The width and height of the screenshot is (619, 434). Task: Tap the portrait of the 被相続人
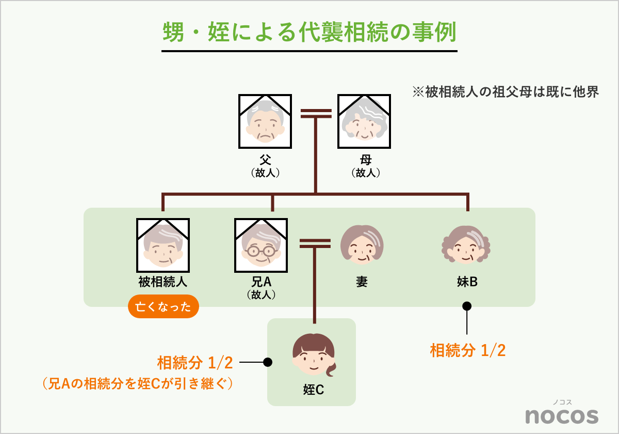(x=163, y=245)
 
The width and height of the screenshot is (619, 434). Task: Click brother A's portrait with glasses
(x=261, y=245)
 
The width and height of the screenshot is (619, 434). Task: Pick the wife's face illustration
(x=362, y=245)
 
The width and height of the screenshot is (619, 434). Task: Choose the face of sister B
(x=467, y=245)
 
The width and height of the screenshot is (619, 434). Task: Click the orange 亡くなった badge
(x=163, y=307)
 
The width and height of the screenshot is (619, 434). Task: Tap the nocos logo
(x=562, y=415)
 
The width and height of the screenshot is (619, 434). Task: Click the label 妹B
(x=467, y=282)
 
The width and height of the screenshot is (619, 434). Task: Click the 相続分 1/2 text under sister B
(x=468, y=350)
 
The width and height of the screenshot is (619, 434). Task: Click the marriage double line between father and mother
(x=315, y=113)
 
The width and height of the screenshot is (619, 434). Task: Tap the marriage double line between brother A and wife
(x=315, y=243)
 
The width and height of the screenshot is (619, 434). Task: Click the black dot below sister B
(x=467, y=306)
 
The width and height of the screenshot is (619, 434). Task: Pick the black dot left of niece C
(x=267, y=362)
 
